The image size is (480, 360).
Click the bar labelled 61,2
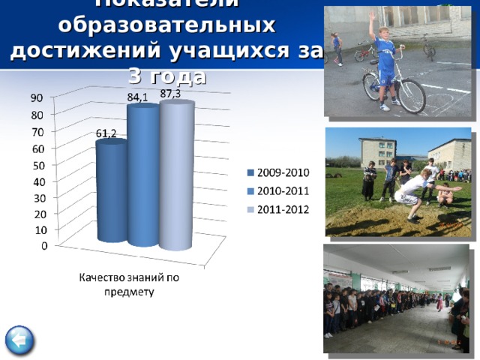click(x=112, y=191)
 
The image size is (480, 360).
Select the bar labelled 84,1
click(x=142, y=176)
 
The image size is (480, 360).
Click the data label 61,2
click(x=106, y=133)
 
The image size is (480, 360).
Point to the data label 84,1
click(x=137, y=97)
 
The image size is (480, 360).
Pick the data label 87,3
click(x=170, y=93)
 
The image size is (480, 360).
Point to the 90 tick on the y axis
click(x=36, y=98)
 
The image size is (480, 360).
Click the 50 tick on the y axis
click(x=36, y=165)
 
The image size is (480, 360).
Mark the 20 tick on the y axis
click(x=36, y=214)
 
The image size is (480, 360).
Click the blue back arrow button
click(x=18, y=341)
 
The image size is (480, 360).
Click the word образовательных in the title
click(x=166, y=25)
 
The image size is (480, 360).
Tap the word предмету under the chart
click(x=129, y=292)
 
